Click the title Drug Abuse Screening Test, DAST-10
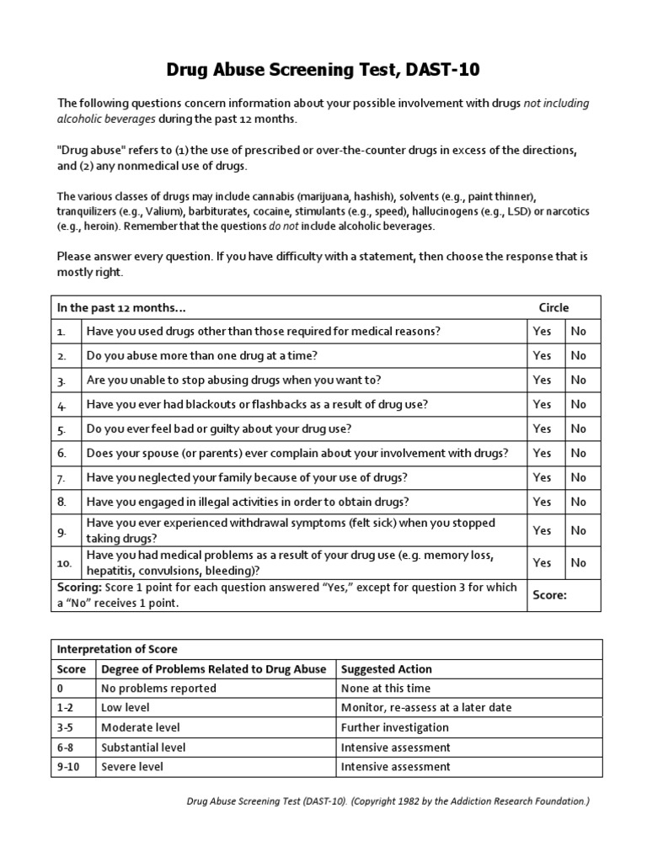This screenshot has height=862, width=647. coord(323,70)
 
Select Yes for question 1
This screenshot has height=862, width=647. coord(542,332)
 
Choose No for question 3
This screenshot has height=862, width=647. coord(579,380)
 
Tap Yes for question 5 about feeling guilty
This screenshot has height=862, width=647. coord(542,429)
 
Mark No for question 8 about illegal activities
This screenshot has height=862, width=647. coord(579,502)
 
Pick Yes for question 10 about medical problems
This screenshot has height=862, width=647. coord(542,563)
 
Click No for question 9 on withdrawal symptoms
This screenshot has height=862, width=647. coord(579,531)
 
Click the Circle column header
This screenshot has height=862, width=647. coord(553,307)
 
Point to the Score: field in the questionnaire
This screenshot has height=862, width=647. coord(549,595)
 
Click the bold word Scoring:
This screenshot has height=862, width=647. coord(81,587)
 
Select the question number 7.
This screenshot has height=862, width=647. coord(61,478)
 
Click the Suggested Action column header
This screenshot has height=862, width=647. coord(386,669)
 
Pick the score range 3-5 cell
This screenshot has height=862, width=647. coord(66,727)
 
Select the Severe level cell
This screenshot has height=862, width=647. coord(132,767)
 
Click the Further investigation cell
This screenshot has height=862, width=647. coord(394,727)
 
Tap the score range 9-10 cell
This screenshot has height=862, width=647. coord(68,767)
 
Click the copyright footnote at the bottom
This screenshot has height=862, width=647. coord(388,801)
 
